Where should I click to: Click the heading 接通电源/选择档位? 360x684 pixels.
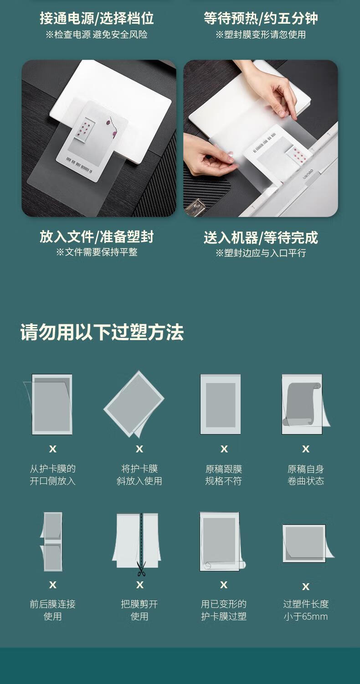tap(97, 18)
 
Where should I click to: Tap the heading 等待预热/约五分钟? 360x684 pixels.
tap(261, 18)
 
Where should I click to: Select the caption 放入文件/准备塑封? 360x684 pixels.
tap(97, 237)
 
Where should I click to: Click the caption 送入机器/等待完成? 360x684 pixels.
tap(261, 238)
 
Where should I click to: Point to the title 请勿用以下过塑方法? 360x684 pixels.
tap(102, 332)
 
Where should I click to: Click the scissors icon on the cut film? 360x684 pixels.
tap(141, 568)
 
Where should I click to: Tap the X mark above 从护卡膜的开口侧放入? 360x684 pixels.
tap(53, 449)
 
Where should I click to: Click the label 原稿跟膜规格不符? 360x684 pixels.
tap(224, 475)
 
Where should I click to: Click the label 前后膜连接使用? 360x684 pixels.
tap(52, 610)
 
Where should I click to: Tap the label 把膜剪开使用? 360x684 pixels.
tap(139, 610)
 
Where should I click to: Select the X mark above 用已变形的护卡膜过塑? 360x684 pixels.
tap(224, 585)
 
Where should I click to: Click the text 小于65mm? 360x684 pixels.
tap(306, 617)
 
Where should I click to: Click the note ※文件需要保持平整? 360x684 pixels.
tap(97, 252)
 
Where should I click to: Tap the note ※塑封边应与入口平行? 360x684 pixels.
tap(261, 253)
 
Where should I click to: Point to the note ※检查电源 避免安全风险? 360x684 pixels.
tap(97, 35)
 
